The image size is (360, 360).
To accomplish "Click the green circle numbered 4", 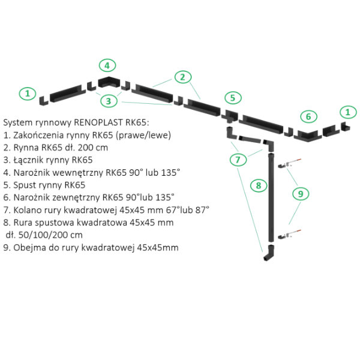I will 106,65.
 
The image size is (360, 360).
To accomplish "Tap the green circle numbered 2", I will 183,77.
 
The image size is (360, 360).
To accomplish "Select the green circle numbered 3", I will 108,100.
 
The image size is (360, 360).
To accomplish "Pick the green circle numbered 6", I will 308,116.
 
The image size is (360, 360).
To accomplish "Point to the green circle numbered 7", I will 238,159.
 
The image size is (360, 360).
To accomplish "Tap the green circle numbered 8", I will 259,185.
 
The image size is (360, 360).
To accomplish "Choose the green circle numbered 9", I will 301,193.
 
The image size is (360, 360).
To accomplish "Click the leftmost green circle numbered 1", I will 26,94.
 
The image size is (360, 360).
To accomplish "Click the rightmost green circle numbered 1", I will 347,111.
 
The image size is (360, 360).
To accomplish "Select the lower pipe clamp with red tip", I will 292,232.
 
